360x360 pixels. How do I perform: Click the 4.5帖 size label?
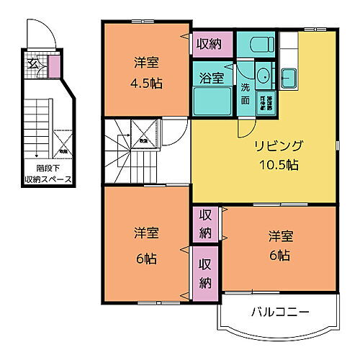click(147, 82)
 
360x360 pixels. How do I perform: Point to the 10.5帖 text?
click(278, 163)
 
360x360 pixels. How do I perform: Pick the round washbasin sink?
click(262, 74)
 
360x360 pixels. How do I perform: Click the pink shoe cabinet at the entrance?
click(53, 66)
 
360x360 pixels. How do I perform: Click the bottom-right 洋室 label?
click(279, 235)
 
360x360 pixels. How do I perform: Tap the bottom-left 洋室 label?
click(146, 234)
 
